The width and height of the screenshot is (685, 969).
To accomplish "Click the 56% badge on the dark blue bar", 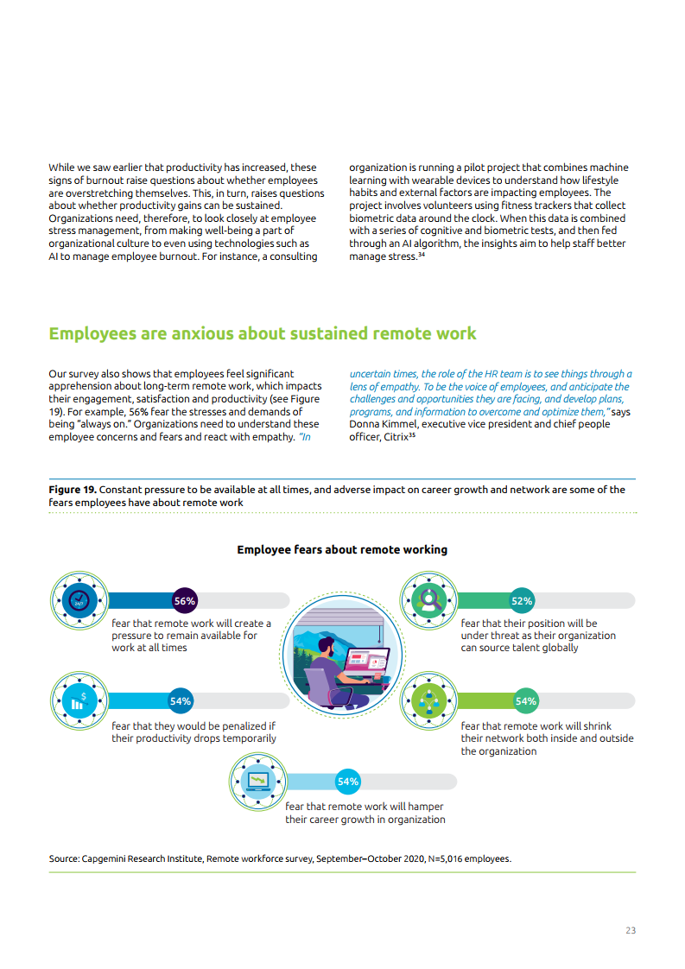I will pos(185,600).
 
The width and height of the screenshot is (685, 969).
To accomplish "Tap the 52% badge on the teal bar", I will pos(522,600).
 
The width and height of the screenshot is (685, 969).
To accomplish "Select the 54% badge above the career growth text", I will pos(347,782).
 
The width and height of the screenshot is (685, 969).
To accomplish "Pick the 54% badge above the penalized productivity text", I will pos(181,701).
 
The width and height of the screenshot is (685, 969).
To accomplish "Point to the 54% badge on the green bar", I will pos(526,701).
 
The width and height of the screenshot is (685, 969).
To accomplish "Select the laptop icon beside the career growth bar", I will pos(257,782).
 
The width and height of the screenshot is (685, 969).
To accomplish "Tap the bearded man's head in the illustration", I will pos(326,648).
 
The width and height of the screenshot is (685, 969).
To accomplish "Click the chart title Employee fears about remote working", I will pos(342,549).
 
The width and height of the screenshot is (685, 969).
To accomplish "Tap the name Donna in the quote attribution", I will pos(366,424).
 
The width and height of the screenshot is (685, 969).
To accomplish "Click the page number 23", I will pos(631,930).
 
